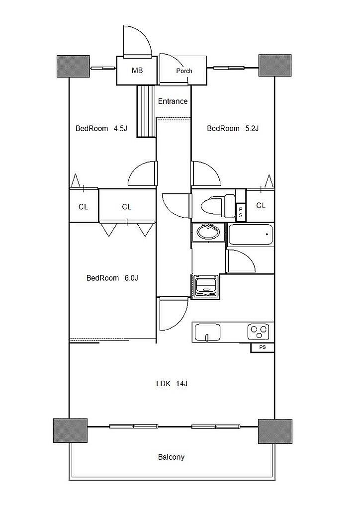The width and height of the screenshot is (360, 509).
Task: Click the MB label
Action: point(137,71)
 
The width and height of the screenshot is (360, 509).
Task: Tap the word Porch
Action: point(184,71)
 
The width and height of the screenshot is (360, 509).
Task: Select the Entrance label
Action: point(173,101)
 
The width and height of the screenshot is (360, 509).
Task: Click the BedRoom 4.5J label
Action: point(101,128)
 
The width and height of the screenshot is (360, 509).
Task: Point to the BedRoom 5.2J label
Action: point(233,128)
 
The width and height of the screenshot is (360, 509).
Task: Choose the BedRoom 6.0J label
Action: point(112,278)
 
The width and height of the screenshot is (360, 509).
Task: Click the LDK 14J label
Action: point(172,384)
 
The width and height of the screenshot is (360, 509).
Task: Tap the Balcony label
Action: point(171,457)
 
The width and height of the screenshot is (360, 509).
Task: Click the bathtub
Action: point(251,235)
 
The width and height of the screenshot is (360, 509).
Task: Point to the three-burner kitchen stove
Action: point(258,332)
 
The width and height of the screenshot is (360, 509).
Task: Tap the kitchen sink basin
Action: point(207,333)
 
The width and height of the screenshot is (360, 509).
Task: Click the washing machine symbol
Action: point(205,286)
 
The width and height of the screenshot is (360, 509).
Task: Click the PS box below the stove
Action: point(262,347)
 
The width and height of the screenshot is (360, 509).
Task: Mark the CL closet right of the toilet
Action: point(261,205)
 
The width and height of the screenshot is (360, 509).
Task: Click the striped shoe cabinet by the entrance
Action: point(146,111)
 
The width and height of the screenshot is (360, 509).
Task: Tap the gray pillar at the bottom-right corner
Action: point(275,431)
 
